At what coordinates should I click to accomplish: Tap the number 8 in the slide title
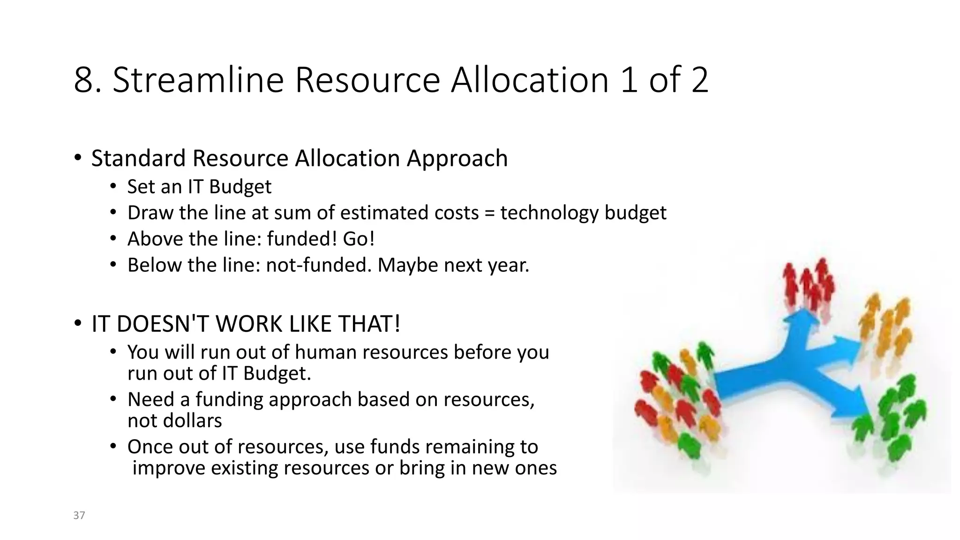(x=84, y=80)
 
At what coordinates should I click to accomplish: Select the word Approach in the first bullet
(x=457, y=158)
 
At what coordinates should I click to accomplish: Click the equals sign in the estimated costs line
(x=489, y=213)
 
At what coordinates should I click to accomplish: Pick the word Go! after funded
(x=359, y=239)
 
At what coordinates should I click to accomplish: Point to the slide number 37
(x=79, y=516)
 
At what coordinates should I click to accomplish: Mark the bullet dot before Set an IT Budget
(x=113, y=186)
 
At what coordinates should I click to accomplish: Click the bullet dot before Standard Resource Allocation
(x=77, y=157)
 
